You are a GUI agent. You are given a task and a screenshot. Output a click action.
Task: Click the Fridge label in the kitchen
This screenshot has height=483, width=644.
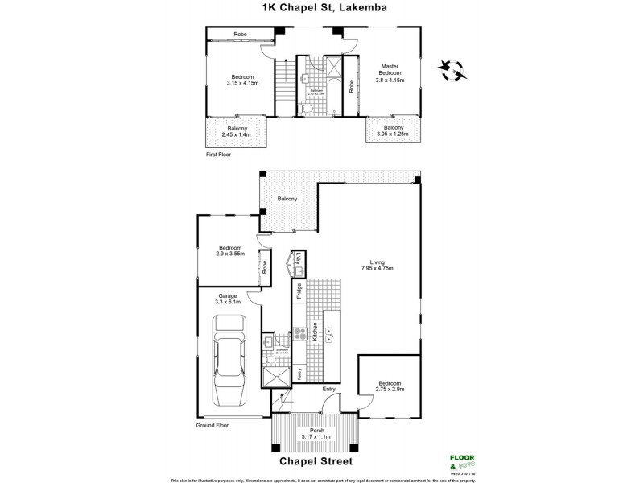pyautogui.click(x=299, y=291)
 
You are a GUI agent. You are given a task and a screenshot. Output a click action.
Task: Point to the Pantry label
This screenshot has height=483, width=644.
pyautogui.click(x=299, y=374)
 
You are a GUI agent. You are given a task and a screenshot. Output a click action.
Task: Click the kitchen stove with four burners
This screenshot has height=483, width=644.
pyautogui.click(x=299, y=334)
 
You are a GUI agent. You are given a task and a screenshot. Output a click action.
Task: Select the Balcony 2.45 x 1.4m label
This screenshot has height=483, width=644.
pyautogui.click(x=237, y=131)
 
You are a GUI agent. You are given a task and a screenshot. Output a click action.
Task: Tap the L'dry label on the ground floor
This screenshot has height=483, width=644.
pyautogui.click(x=299, y=259)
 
